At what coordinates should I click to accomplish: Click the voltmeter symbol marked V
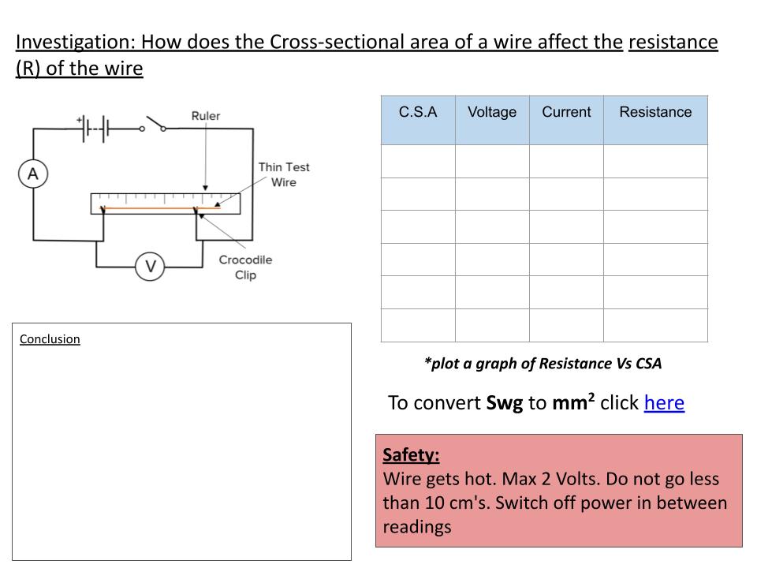pyautogui.click(x=149, y=267)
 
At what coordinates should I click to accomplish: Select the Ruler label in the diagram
pyautogui.click(x=206, y=116)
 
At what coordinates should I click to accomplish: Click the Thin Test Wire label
pyautogui.click(x=284, y=174)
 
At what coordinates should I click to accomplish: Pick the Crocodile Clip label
pyautogui.click(x=245, y=267)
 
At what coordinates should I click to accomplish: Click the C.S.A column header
pyautogui.click(x=418, y=112)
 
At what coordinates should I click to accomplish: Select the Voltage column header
pyautogui.click(x=492, y=112)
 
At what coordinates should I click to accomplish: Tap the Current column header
pyautogui.click(x=566, y=112)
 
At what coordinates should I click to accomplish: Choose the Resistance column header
pyautogui.click(x=655, y=112)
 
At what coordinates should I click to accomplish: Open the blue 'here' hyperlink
pyautogui.click(x=664, y=403)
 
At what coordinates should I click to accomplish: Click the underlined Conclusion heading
pyautogui.click(x=50, y=339)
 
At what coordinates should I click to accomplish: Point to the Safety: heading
pyautogui.click(x=411, y=455)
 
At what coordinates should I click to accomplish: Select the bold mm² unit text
pyautogui.click(x=572, y=403)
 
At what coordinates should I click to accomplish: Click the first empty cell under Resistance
pyautogui.click(x=655, y=161)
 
